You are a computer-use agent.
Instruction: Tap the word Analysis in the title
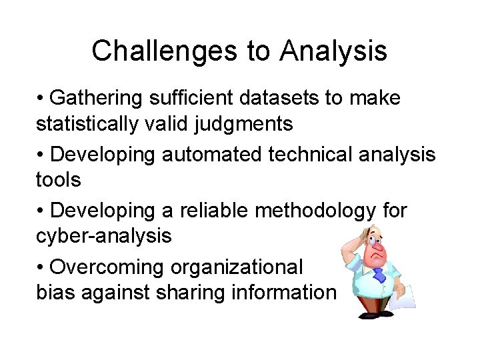pos(333,51)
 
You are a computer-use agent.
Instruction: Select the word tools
pos(59,179)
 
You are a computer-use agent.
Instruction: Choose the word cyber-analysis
pos(104,235)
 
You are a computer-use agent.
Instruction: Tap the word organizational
pos(237,267)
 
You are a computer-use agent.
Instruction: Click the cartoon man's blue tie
pos(378,274)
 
